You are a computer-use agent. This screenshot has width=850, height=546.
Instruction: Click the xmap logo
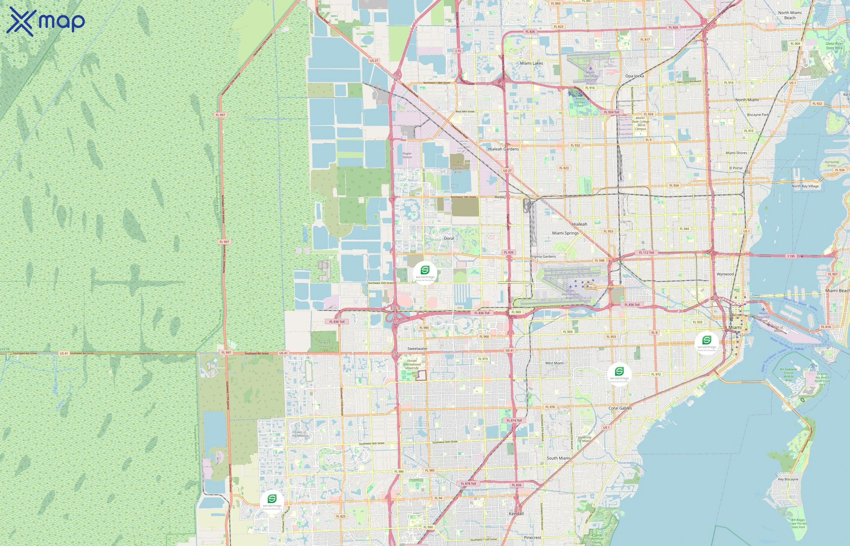[x=46, y=22]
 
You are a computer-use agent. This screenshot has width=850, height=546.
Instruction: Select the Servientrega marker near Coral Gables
[x=619, y=374]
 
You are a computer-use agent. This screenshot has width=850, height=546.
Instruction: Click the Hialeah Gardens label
[x=503, y=149]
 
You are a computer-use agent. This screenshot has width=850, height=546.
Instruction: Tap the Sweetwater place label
[x=417, y=349]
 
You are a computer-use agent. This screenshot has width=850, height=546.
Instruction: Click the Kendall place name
[x=516, y=513]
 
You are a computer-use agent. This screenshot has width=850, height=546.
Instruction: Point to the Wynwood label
[x=725, y=274]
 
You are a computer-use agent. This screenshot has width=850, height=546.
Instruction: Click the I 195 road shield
[x=791, y=256]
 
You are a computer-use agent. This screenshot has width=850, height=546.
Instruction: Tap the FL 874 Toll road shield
[x=514, y=420]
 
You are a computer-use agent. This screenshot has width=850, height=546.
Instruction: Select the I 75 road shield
[x=458, y=51]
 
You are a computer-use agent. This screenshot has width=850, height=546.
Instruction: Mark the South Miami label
[x=558, y=458]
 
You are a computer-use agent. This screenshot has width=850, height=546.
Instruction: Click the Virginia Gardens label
[x=542, y=256]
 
